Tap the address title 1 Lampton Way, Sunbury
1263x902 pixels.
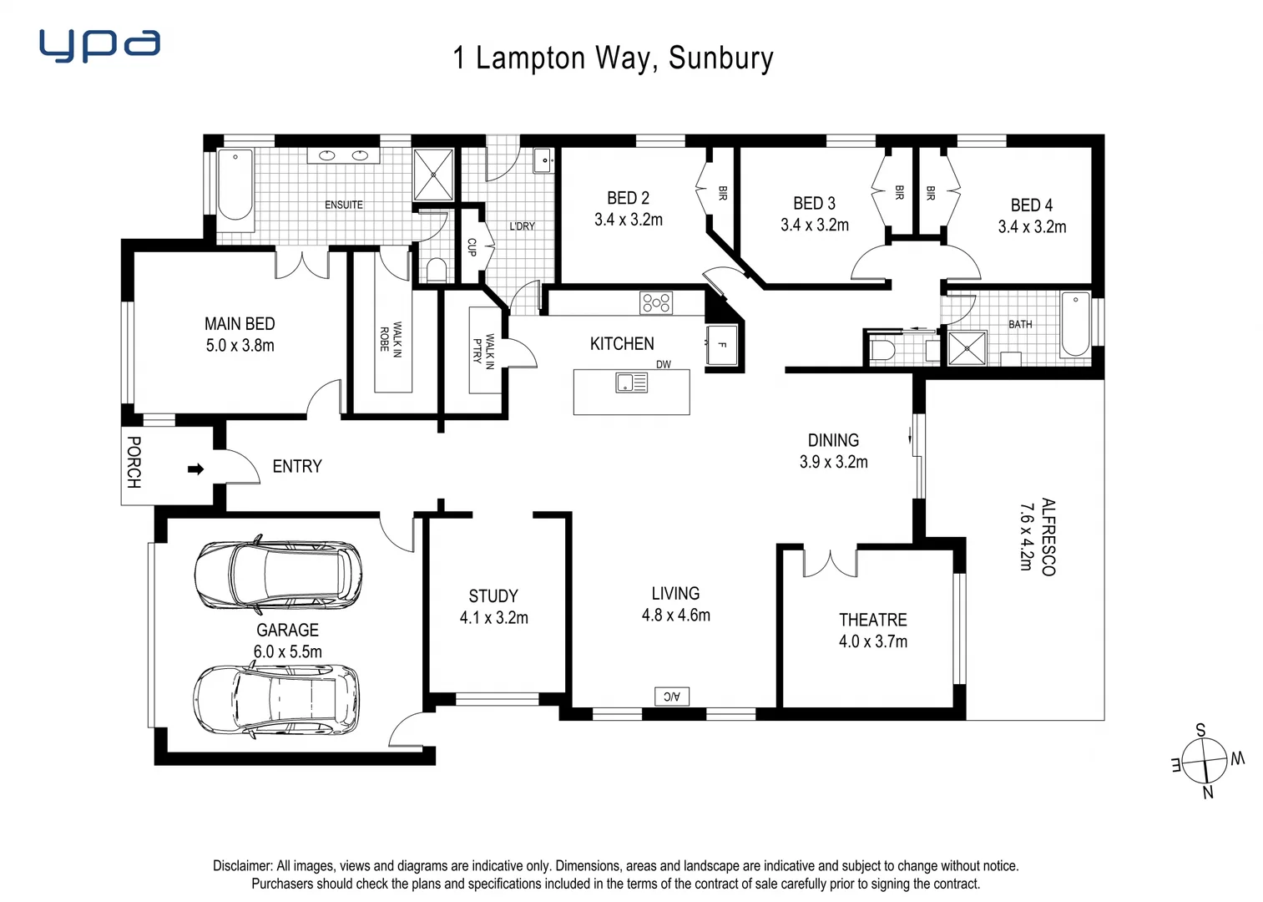tap(613, 58)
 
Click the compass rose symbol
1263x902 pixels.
tap(1206, 761)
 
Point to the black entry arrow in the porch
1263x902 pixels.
tap(195, 469)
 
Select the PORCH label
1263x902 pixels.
tap(134, 462)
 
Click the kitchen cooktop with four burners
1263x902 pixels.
tap(656, 302)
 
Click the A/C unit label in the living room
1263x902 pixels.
tap(672, 696)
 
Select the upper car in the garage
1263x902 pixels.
tap(278, 575)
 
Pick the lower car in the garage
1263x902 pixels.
tap(277, 699)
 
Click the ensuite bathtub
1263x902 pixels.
tap(235, 185)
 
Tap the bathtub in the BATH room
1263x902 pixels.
tap(1075, 324)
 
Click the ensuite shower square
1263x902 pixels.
tap(433, 174)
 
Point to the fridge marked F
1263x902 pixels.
tap(721, 345)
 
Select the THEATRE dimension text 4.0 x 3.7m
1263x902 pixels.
tap(872, 641)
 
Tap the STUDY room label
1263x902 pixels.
tap(493, 595)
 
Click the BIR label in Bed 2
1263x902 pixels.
tap(723, 193)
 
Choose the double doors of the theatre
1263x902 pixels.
tap(830, 562)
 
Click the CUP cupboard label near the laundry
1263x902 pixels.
tap(472, 247)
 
